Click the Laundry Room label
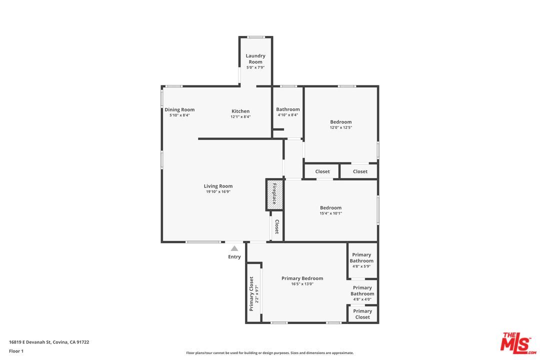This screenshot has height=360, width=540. click(255, 58)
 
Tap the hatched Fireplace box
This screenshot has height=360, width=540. click(274, 194)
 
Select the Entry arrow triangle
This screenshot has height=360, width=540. click(234, 248)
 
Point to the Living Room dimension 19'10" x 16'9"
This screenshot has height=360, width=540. click(218, 191)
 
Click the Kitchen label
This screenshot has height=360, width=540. click(240, 111)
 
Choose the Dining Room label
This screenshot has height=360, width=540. click(179, 109)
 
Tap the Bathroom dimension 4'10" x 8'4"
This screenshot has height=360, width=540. click(288, 115)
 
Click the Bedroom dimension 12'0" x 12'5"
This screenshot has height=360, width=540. click(340, 127)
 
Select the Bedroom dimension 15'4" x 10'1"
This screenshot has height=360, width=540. click(330, 213)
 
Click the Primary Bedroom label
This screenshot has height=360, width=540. click(302, 278)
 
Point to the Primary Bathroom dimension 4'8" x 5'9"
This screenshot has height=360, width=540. click(361, 266)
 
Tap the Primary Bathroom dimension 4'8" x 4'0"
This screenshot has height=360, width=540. click(362, 299)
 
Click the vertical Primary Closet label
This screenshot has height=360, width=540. click(251, 293)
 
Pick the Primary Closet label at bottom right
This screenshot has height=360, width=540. click(362, 314)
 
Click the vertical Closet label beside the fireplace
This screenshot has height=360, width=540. click(276, 226)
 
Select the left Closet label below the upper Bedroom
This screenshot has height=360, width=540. click(322, 171)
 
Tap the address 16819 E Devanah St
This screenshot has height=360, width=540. click(49, 342)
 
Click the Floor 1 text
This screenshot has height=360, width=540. click(16, 351)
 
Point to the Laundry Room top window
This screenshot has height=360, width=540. click(256, 37)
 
